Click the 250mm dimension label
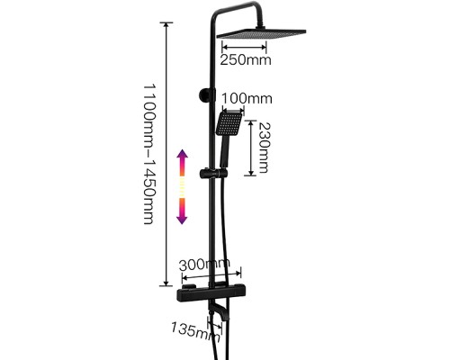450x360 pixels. (x=246, y=60)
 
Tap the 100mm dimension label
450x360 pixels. (x=247, y=98)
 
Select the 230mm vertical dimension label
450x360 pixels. (x=264, y=148)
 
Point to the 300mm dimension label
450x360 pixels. (x=204, y=265)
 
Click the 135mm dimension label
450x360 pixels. (x=196, y=332)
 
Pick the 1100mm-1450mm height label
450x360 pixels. (x=148, y=154)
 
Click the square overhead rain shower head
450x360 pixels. (x=261, y=34)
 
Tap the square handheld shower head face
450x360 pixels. (x=229, y=123)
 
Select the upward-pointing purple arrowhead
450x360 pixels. (x=182, y=156)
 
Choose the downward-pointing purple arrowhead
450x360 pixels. (x=182, y=218)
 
